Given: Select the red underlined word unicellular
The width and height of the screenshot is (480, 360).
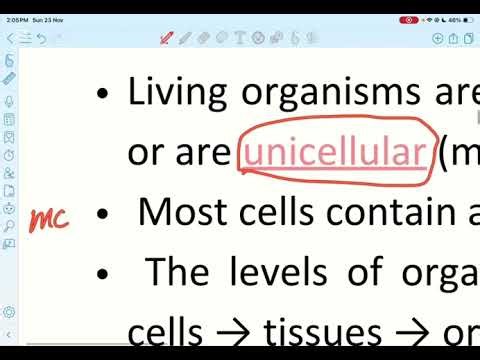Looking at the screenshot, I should pos(333,153).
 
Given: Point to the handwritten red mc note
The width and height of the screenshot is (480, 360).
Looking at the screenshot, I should pos(48,218).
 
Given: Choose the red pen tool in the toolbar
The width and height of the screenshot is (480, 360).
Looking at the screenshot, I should pos(166,39).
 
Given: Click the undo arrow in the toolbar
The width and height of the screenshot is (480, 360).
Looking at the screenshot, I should pos(41,39).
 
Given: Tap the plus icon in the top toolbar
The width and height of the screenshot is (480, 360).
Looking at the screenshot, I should pos(438,38).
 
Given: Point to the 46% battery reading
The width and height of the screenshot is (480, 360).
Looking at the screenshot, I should pos(454,19).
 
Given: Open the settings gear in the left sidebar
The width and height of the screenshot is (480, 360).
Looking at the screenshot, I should pos(10,313).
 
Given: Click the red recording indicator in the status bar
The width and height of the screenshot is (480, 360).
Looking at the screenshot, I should pos(408,19).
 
